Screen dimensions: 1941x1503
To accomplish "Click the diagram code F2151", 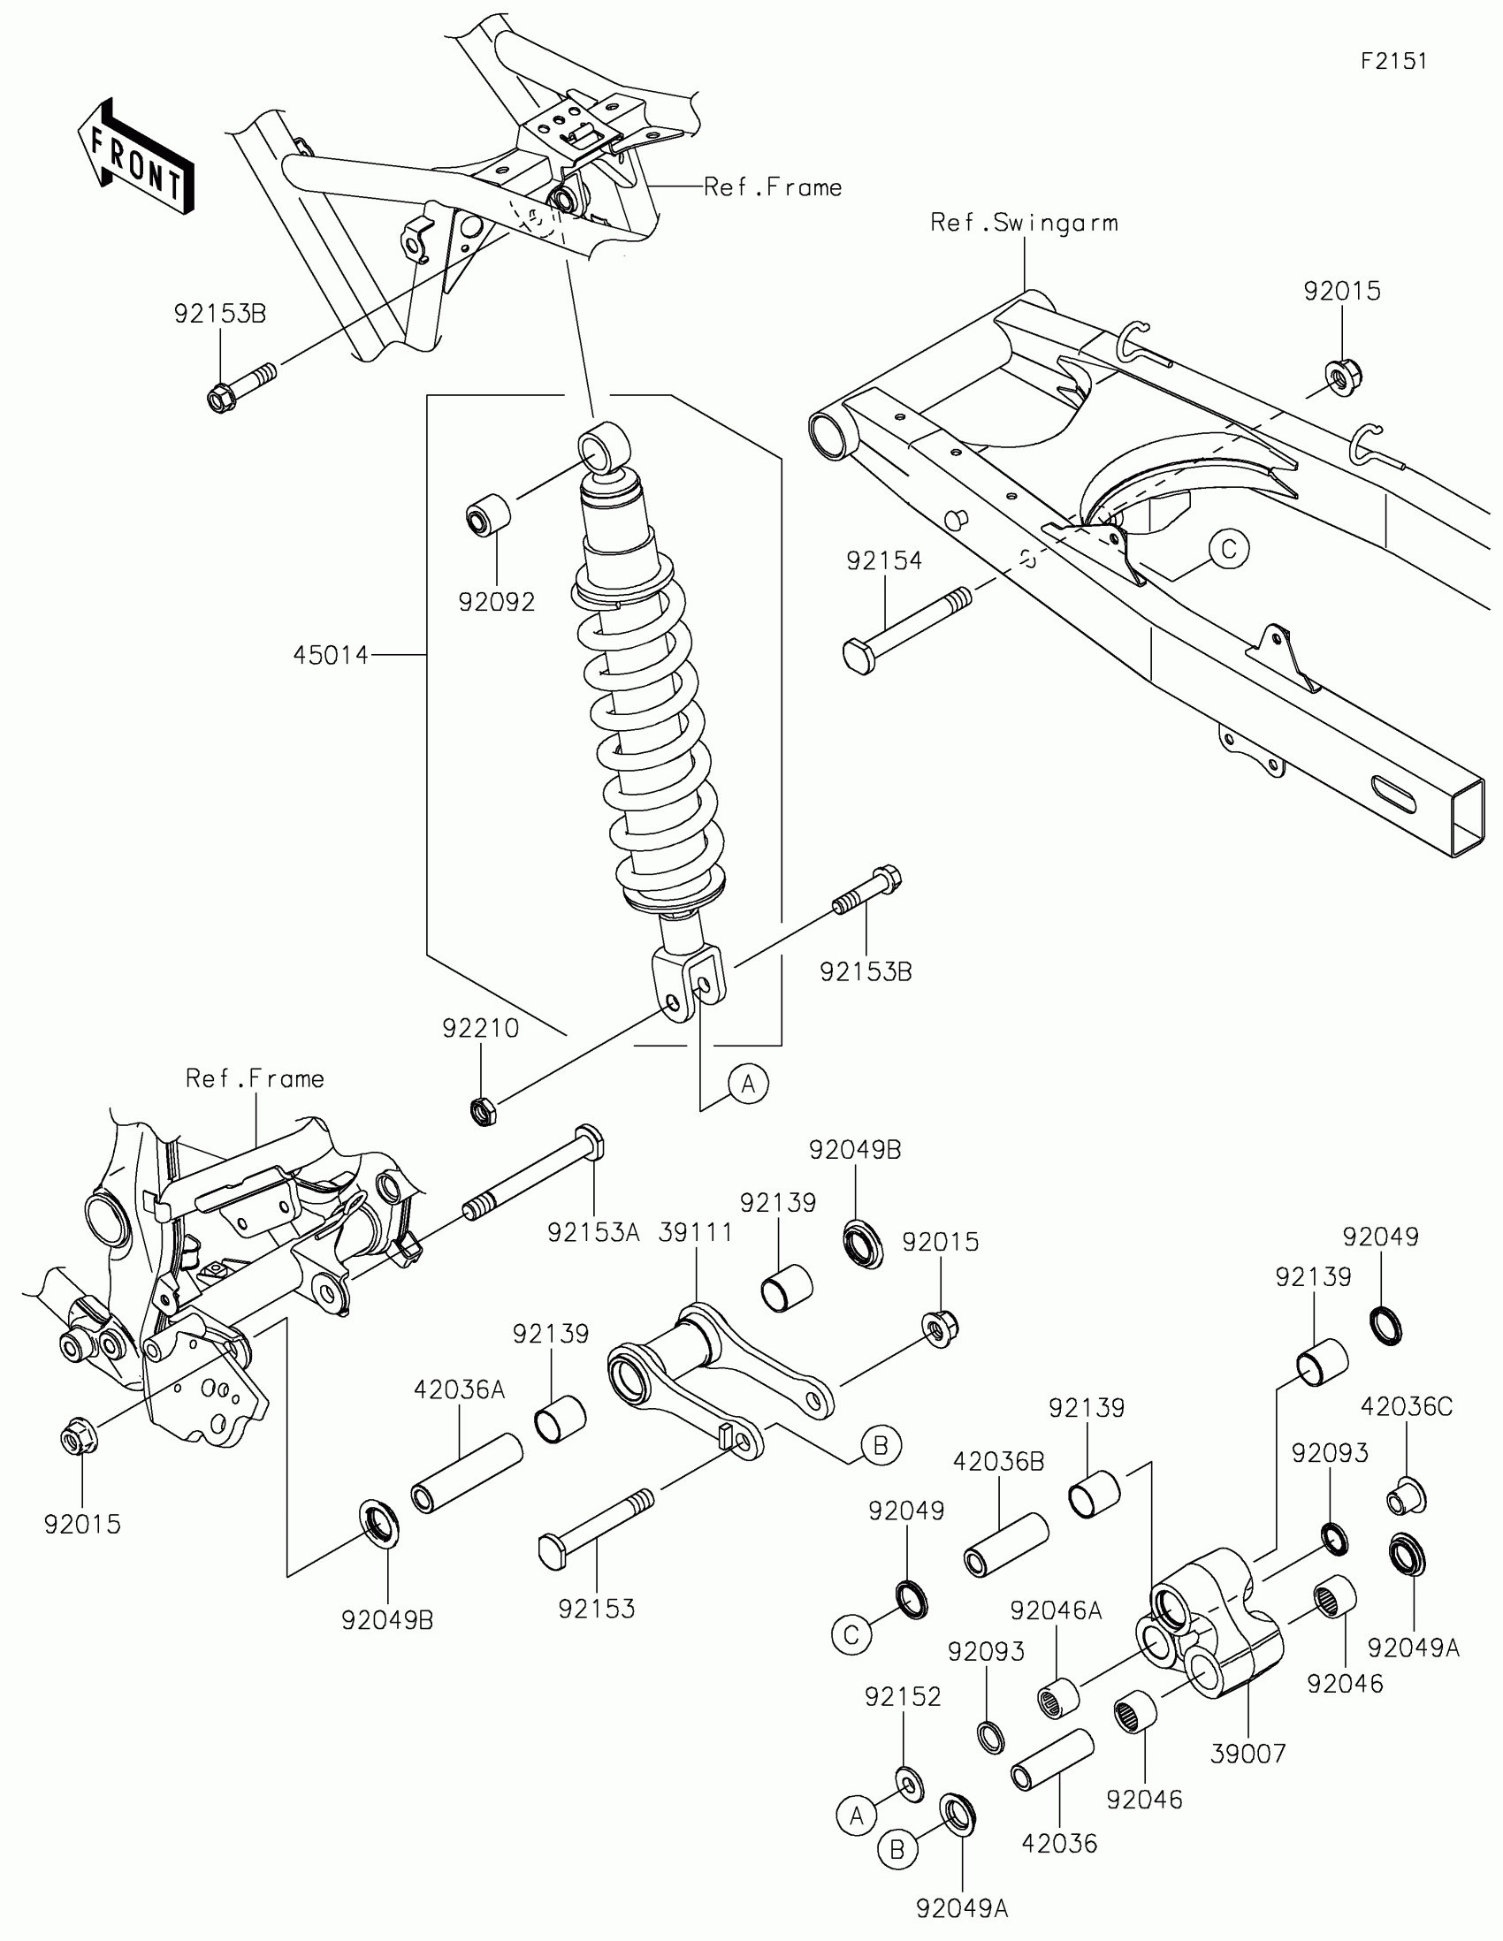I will [x=1393, y=61].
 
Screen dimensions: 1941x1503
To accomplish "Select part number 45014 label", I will [x=331, y=656].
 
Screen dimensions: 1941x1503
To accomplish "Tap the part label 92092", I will [x=497, y=603].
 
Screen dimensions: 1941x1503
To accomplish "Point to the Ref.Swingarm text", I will [x=1024, y=223].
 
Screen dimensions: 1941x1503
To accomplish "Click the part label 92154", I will [x=883, y=560].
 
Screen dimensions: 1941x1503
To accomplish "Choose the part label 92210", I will [x=481, y=1028].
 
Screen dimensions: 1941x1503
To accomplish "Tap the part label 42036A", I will [x=460, y=1389].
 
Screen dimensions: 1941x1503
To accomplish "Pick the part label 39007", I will [x=1247, y=1754].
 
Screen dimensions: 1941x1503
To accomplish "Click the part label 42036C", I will [x=1406, y=1407].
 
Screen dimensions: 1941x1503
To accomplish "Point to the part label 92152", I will [x=902, y=1696].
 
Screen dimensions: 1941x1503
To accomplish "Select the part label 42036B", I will [x=998, y=1461].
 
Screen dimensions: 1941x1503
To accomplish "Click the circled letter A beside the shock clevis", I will [x=748, y=1085].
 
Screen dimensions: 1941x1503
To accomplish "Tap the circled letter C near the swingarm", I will [x=1229, y=549].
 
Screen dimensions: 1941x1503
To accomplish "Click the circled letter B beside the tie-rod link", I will [x=880, y=1446].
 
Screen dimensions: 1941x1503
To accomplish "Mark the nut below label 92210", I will [x=483, y=1110].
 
